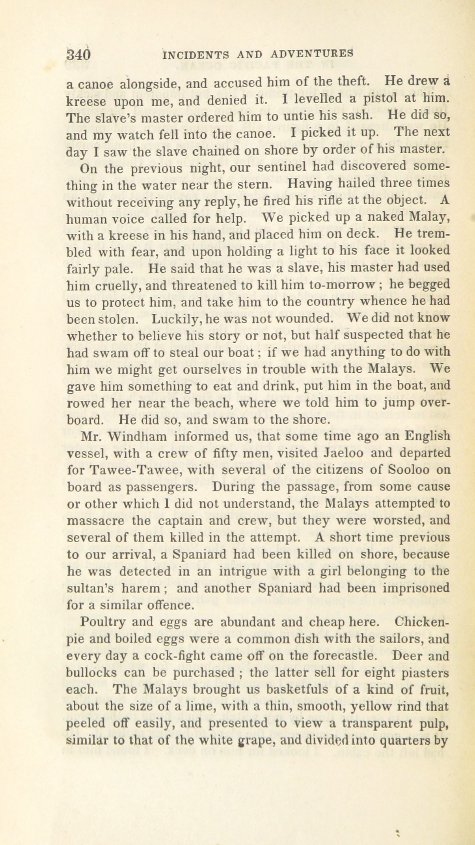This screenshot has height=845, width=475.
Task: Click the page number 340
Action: click(x=78, y=54)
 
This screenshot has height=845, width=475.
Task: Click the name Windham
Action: click(x=137, y=437)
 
